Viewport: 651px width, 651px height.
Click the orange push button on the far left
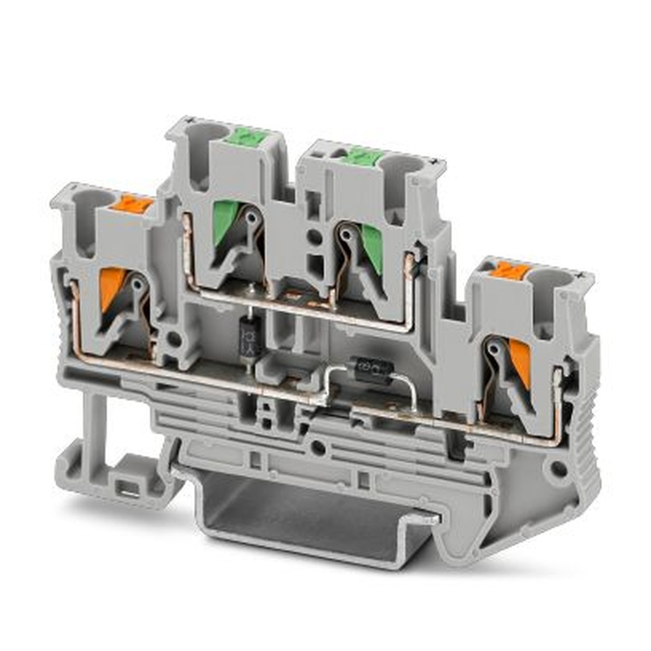point(132,204)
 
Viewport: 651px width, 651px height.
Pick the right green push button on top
point(361,157)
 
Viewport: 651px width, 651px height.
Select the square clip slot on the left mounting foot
point(125,486)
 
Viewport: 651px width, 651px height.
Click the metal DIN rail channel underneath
point(312,521)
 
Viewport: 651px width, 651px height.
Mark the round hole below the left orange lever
point(174,339)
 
